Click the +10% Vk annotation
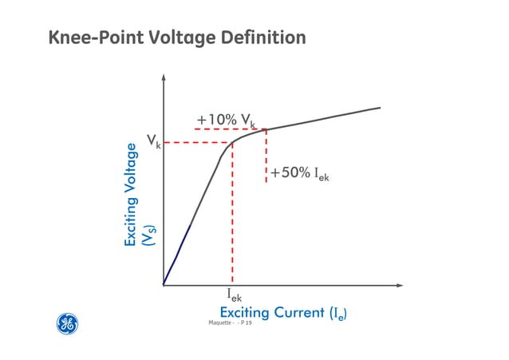point(226,121)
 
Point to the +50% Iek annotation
point(300,173)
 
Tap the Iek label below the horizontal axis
point(234,297)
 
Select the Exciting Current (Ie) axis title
point(287,313)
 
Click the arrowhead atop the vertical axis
point(163,78)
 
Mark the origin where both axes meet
point(163,284)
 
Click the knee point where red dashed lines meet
point(232,143)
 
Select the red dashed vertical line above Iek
point(232,216)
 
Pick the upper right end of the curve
point(379,108)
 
